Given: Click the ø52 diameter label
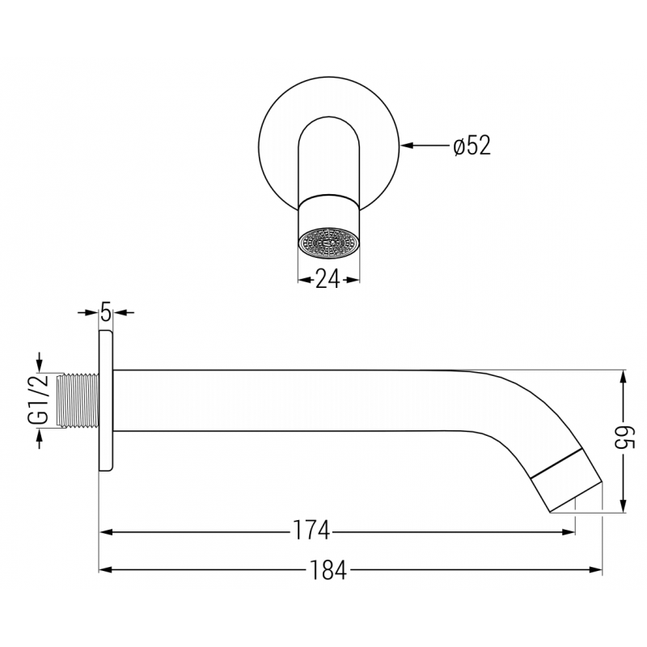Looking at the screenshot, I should pos(472,146).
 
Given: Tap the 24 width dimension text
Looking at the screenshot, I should pos(328,279).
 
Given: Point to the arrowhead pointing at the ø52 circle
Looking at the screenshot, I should pos(408,146).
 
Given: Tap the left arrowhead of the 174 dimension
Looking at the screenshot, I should pos(106,531).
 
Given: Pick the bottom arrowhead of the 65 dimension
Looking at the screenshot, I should pos(622,506).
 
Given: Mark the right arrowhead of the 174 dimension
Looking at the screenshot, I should pos(569,531).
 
